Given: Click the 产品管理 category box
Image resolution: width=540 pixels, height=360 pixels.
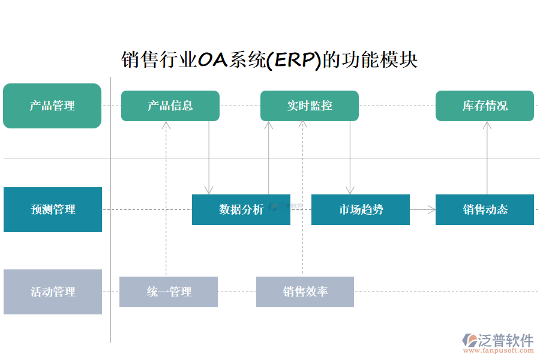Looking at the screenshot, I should pyautogui.click(x=52, y=106).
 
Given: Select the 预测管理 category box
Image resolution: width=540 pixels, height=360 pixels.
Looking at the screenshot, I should pyautogui.click(x=53, y=209).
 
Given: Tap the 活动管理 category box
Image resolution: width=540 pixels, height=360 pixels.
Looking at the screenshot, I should pyautogui.click(x=53, y=292).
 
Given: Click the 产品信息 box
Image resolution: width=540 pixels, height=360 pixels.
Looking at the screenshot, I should pyautogui.click(x=170, y=106).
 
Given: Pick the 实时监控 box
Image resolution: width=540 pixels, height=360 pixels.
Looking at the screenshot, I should pyautogui.click(x=310, y=106).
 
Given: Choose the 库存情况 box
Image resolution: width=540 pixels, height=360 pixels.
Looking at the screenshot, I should pyautogui.click(x=485, y=106).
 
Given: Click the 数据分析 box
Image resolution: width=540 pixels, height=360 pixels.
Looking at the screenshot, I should pyautogui.click(x=241, y=209).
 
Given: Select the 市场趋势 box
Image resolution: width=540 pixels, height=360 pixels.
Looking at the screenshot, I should pyautogui.click(x=361, y=209).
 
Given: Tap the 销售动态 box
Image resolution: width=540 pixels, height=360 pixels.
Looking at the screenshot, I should pyautogui.click(x=485, y=209).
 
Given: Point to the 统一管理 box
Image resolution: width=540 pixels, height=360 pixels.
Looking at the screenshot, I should pyautogui.click(x=169, y=292).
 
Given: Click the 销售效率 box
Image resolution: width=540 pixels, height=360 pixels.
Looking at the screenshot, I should pyautogui.click(x=305, y=292).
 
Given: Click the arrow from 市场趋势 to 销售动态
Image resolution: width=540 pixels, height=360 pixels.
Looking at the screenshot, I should pyautogui.click(x=423, y=209).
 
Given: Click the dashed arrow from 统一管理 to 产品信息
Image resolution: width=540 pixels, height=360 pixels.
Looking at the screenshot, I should pyautogui.click(x=166, y=198).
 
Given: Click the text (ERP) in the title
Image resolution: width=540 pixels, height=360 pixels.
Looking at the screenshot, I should pyautogui.click(x=294, y=60).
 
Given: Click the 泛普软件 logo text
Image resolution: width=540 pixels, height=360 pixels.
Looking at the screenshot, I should pyautogui.click(x=505, y=340).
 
